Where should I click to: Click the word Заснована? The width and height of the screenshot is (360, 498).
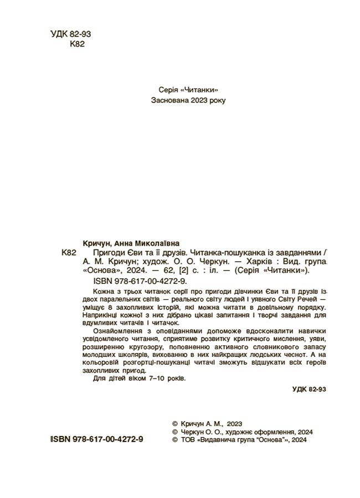pyautogui.click(x=169, y=100)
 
